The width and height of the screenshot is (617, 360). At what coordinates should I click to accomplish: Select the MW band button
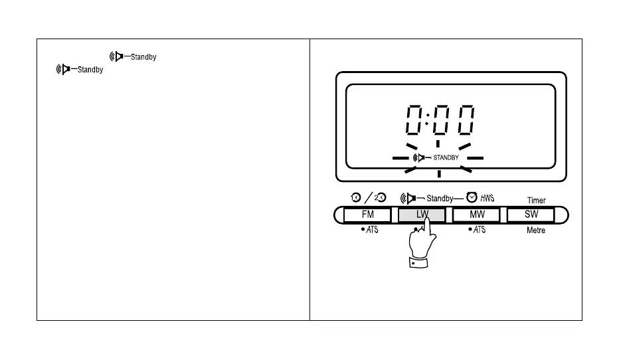click(476, 215)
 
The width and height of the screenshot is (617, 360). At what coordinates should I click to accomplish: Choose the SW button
click(531, 215)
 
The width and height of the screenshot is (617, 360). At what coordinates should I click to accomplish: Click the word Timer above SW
click(536, 200)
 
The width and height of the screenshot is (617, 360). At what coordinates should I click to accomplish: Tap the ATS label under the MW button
click(478, 230)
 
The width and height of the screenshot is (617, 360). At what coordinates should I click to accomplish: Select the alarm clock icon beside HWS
click(472, 197)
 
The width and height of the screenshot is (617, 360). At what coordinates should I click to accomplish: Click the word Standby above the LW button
click(440, 198)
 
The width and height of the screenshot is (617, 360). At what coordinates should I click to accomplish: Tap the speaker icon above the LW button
click(409, 198)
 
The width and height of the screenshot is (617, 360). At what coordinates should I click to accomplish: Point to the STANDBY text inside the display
click(446, 158)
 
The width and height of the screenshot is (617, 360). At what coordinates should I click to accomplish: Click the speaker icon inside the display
click(420, 158)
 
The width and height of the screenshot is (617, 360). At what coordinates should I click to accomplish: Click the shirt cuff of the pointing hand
click(419, 263)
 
